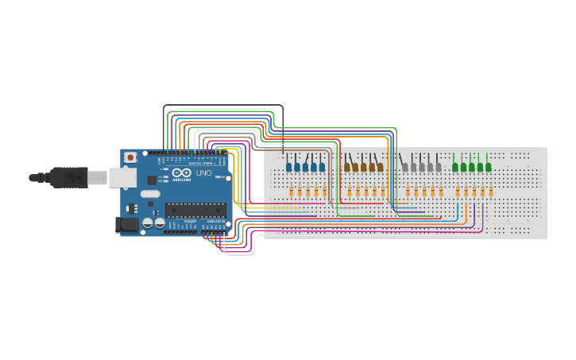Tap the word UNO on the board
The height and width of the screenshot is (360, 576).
tap(203, 173)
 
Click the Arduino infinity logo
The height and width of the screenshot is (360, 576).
tap(181, 173)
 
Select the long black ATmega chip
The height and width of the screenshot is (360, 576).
tap(195, 210)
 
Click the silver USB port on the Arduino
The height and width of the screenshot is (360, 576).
tap(120, 177)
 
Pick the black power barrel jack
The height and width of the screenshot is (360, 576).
tap(127, 225)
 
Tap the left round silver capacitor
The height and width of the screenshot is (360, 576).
tap(148, 224)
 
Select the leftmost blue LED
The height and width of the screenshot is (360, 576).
tap(289, 167)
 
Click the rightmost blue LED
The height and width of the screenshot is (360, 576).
tap(322, 167)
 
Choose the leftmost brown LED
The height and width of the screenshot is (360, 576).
tap(347, 167)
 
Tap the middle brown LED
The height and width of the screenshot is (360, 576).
tap(364, 167)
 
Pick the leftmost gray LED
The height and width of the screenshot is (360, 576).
tap(405, 167)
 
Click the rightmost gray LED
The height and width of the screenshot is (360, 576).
tap(438, 167)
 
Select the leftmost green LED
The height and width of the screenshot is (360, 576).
tap(455, 167)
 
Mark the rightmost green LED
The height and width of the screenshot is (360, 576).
tap(488, 167)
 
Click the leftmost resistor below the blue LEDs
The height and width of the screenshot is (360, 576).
tap(292, 192)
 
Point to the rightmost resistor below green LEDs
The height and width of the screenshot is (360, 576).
tap(491, 192)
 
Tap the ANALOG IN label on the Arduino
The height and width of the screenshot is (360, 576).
tap(214, 222)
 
